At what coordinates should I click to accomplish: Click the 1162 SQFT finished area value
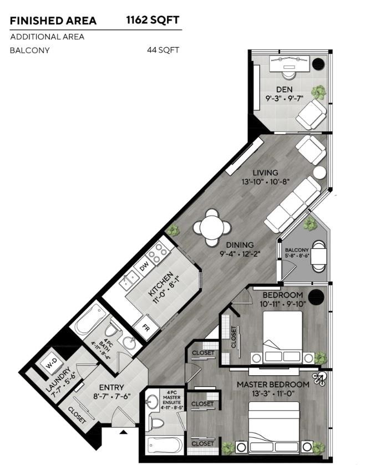[x=153, y=21]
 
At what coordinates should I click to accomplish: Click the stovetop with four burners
[x=158, y=253]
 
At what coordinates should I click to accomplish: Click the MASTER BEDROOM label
[x=273, y=384]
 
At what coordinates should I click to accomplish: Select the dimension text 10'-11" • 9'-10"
[x=282, y=304]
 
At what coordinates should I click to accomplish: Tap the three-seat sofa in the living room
[x=292, y=205]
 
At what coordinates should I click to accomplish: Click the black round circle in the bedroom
[x=316, y=296]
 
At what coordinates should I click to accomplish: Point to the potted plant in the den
[x=318, y=91]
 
